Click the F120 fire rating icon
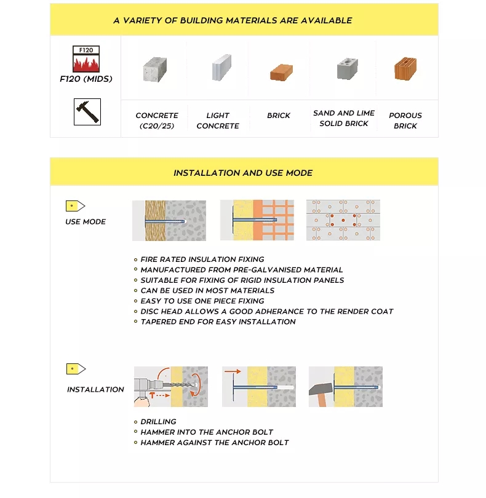[86, 59]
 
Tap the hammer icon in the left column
[87, 111]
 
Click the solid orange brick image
[281, 72]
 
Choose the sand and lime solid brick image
[347, 69]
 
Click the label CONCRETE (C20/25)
[157, 121]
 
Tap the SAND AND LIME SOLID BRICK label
[344, 118]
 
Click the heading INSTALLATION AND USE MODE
[243, 173]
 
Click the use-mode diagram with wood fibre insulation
[169, 220]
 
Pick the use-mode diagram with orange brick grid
[257, 220]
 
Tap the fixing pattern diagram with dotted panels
[343, 220]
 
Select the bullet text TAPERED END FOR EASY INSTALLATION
[218, 322]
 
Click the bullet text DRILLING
[158, 422]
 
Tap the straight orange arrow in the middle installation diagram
[232, 371]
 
